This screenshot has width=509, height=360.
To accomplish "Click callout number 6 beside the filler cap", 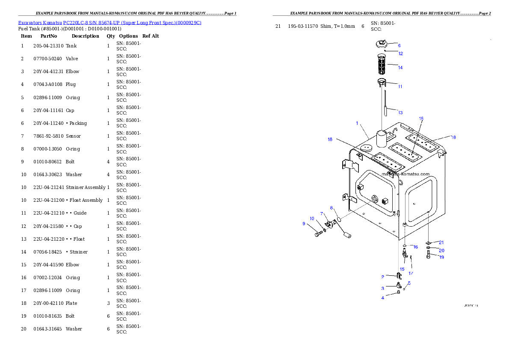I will point(399,45).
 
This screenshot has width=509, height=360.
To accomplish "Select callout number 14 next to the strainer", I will point(400,68).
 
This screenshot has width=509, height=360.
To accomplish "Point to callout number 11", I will point(400,87).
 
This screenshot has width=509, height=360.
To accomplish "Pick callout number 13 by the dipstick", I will point(400,113).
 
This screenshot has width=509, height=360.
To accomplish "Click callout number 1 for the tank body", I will point(357,123).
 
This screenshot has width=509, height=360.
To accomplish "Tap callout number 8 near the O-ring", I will point(331,208).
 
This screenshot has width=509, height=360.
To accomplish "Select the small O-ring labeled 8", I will point(339,219).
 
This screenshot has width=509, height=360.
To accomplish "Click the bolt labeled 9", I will point(318,234).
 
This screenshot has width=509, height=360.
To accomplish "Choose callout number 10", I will point(312,219).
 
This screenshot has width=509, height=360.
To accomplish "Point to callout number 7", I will point(322,213).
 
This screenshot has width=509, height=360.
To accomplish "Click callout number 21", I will point(441,243).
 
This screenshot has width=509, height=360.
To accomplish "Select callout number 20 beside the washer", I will point(441,251).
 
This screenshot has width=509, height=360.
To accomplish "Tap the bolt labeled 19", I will point(429,256).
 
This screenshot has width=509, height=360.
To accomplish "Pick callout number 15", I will point(402,269).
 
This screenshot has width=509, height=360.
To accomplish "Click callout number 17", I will point(411,273).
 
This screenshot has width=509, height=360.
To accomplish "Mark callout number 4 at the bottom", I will point(383,298).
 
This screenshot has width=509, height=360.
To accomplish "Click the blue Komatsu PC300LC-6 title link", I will point(109,23).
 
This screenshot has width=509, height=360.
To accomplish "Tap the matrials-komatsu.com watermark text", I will point(405,174).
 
